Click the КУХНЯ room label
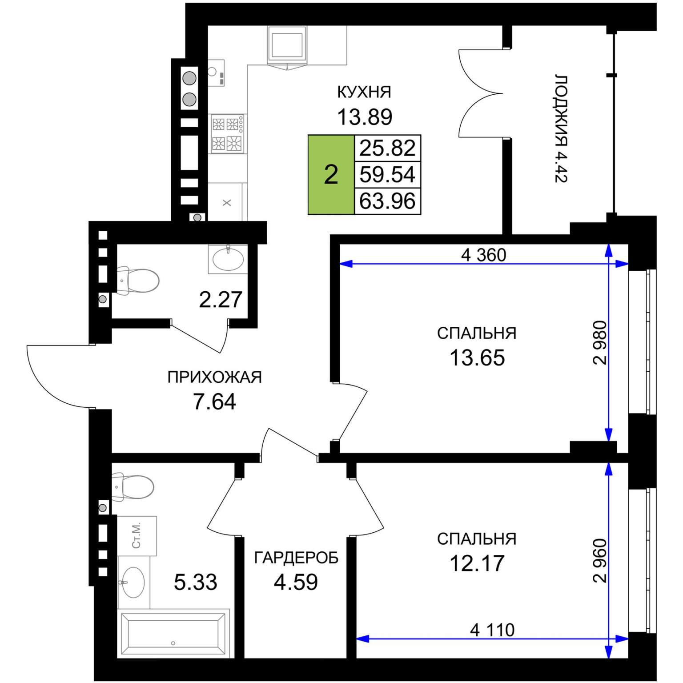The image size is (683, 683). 364,92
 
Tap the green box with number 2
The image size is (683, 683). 331,175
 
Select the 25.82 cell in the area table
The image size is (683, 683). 387,148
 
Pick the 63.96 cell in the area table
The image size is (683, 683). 387,201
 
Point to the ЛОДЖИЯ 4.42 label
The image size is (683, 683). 561,129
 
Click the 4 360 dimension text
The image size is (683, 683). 483,255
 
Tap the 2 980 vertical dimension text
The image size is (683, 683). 600,342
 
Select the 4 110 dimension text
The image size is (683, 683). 492,630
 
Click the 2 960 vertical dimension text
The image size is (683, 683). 600,560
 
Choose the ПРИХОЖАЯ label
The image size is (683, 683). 214,377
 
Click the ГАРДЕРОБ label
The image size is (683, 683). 296,558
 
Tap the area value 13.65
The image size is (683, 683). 477,358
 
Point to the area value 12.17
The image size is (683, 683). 477,563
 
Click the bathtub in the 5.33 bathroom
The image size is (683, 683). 173,633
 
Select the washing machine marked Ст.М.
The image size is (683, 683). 137,535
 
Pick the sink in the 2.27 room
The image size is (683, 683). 228,259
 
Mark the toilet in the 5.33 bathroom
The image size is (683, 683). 133,486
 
